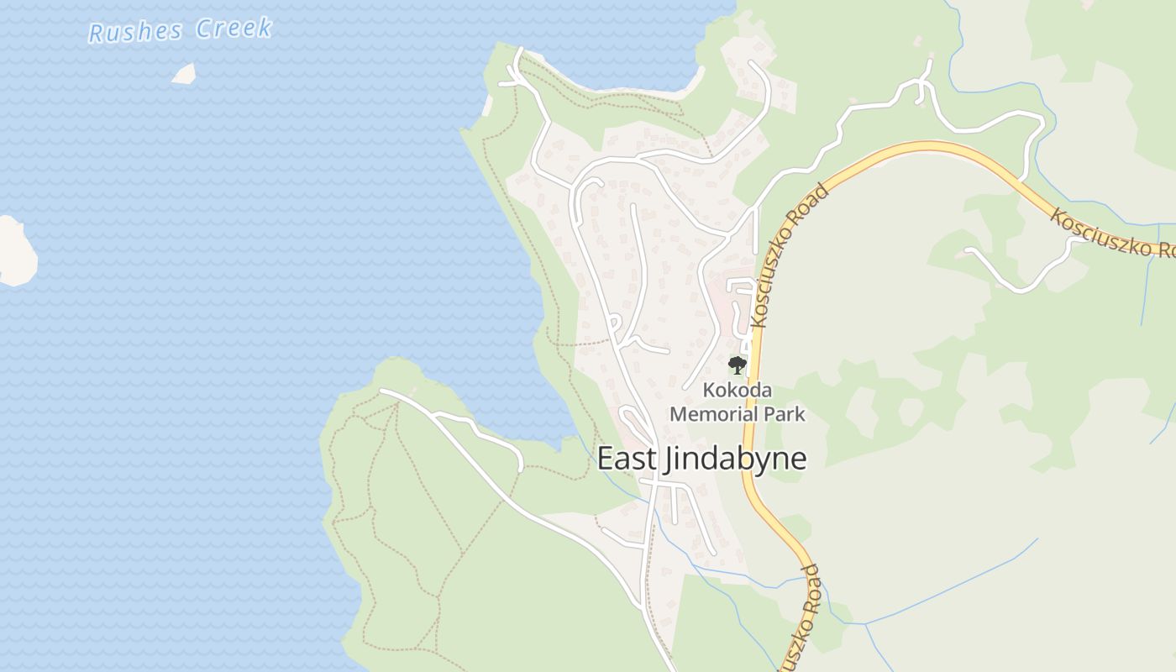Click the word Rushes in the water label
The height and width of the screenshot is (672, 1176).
click(x=135, y=33)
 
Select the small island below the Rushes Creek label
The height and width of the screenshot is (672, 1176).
click(x=184, y=74)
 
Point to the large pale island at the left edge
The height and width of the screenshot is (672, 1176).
click(x=14, y=251)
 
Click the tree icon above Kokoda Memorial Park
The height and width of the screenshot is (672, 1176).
click(x=737, y=365)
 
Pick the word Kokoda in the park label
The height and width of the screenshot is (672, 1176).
click(x=737, y=391)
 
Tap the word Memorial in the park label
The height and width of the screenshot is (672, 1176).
click(x=715, y=414)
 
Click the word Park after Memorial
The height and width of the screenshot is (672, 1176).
click(x=786, y=414)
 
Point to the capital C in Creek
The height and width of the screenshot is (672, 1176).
click(x=204, y=29)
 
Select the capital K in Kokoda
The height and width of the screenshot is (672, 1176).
click(x=709, y=391)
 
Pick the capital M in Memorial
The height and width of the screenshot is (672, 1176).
click(x=678, y=414)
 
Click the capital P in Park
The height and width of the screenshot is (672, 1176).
click(x=771, y=414)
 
